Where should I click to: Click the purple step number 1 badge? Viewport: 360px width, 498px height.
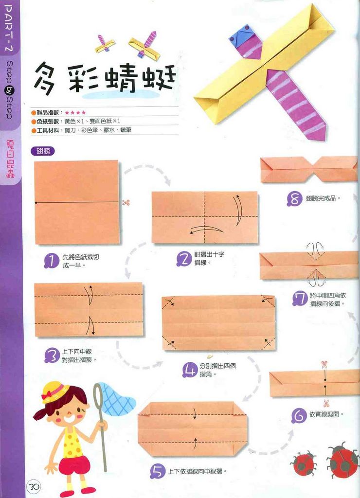[51, 261]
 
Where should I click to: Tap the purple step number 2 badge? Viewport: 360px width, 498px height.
[183, 259]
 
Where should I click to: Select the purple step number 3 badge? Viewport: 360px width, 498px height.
[51, 356]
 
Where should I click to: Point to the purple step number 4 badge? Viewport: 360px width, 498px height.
[189, 371]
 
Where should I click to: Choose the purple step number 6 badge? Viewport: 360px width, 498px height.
[299, 415]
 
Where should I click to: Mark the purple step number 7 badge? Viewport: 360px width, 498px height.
[300, 299]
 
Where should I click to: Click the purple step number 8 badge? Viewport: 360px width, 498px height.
[295, 198]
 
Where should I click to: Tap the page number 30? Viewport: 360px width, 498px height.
[35, 486]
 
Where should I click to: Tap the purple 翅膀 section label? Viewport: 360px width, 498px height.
[42, 151]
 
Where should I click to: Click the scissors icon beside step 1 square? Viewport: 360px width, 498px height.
[126, 202]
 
